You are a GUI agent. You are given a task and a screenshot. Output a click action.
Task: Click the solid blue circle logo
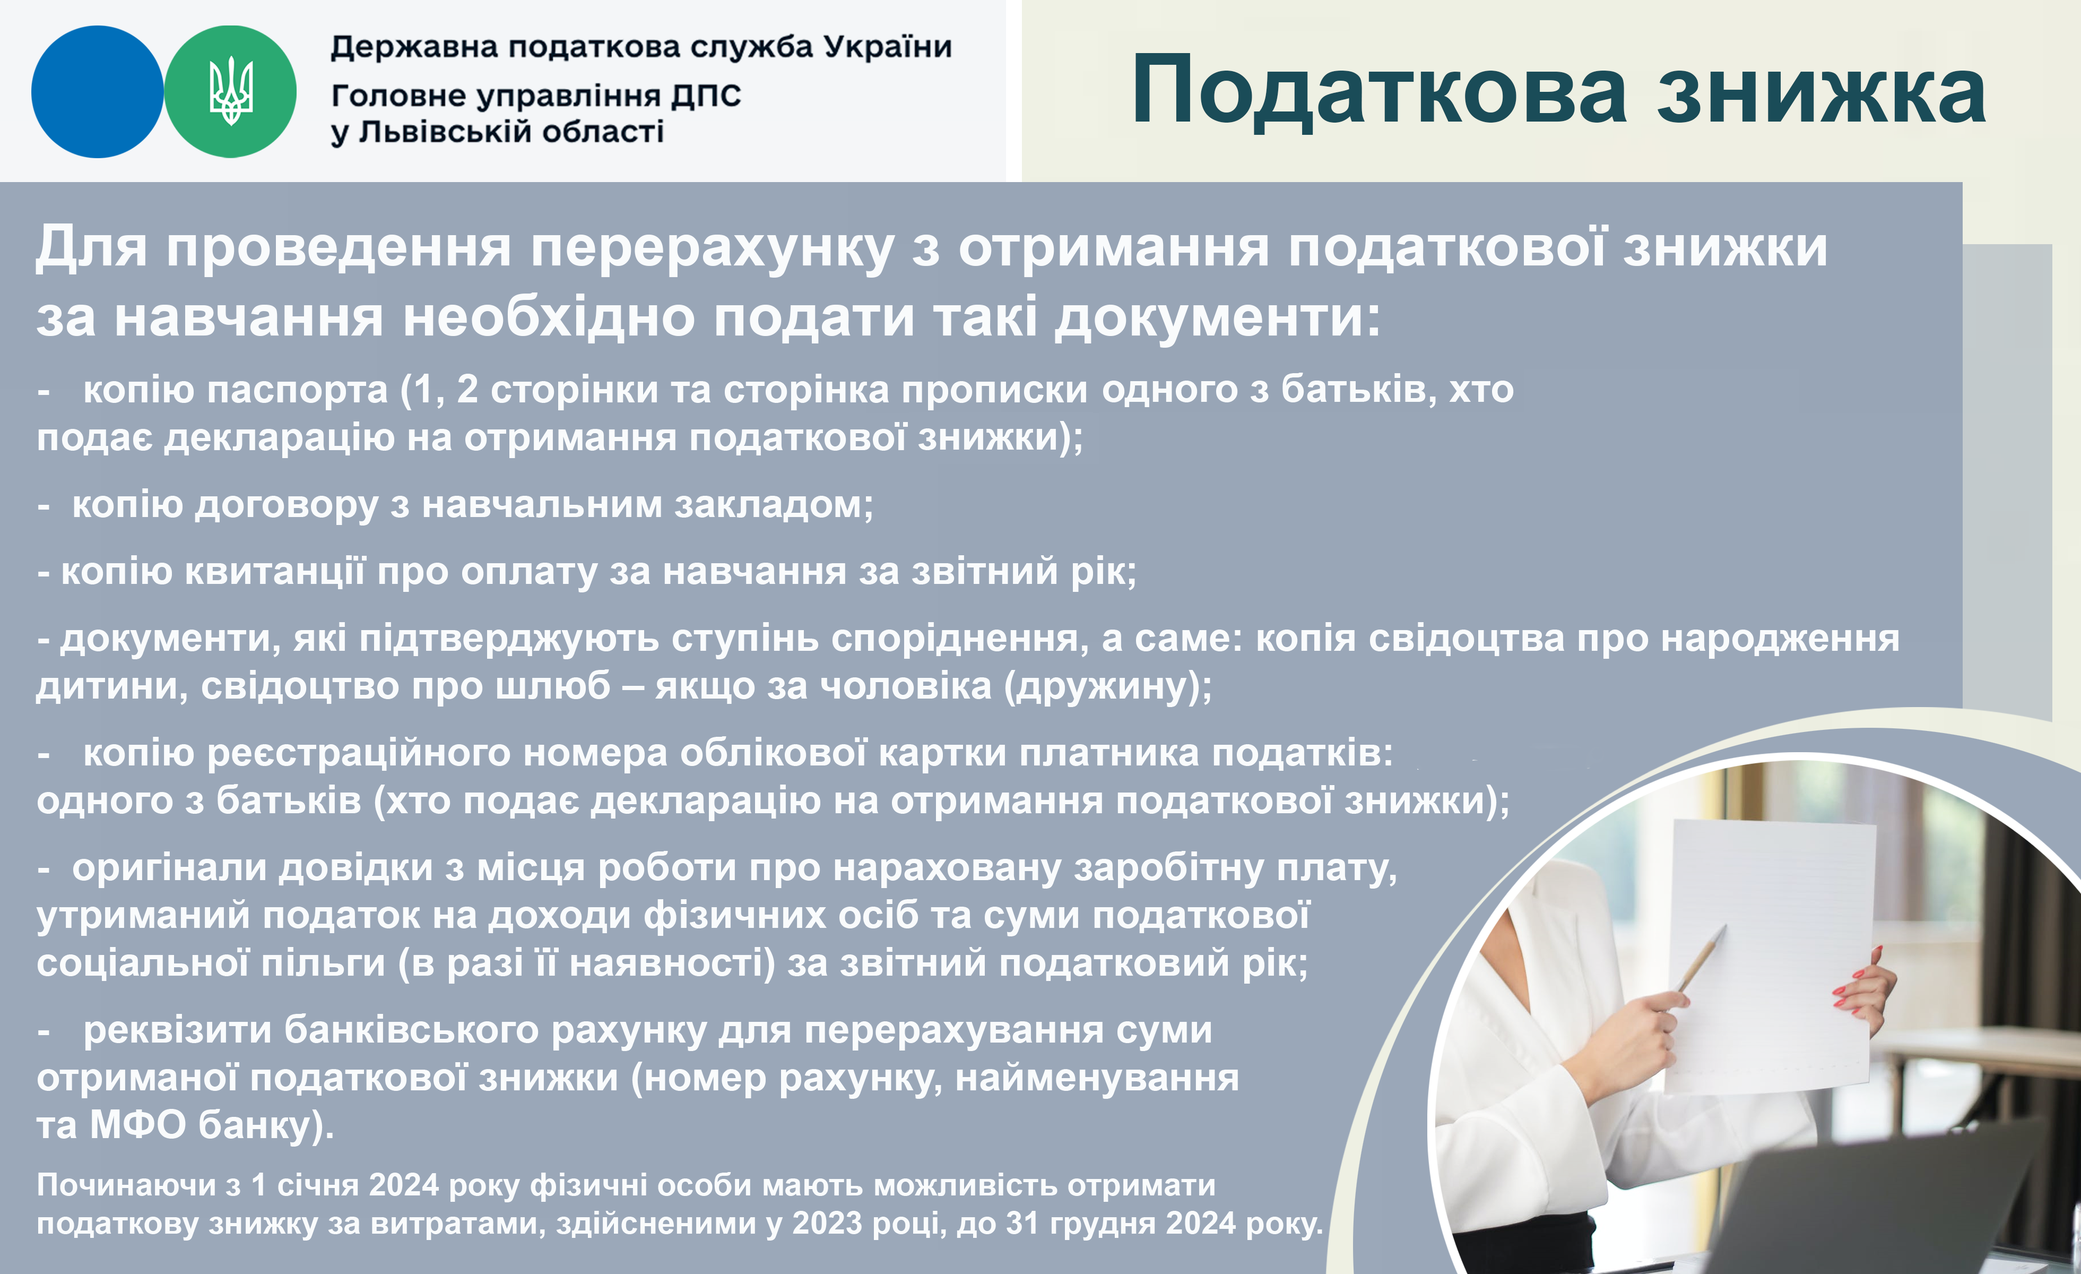tap(97, 92)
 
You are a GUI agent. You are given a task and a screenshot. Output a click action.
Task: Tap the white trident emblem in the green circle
tap(231, 91)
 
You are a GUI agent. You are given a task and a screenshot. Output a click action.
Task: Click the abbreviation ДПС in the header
tap(706, 96)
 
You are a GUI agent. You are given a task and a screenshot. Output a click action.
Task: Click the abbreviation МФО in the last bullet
tap(137, 1125)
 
